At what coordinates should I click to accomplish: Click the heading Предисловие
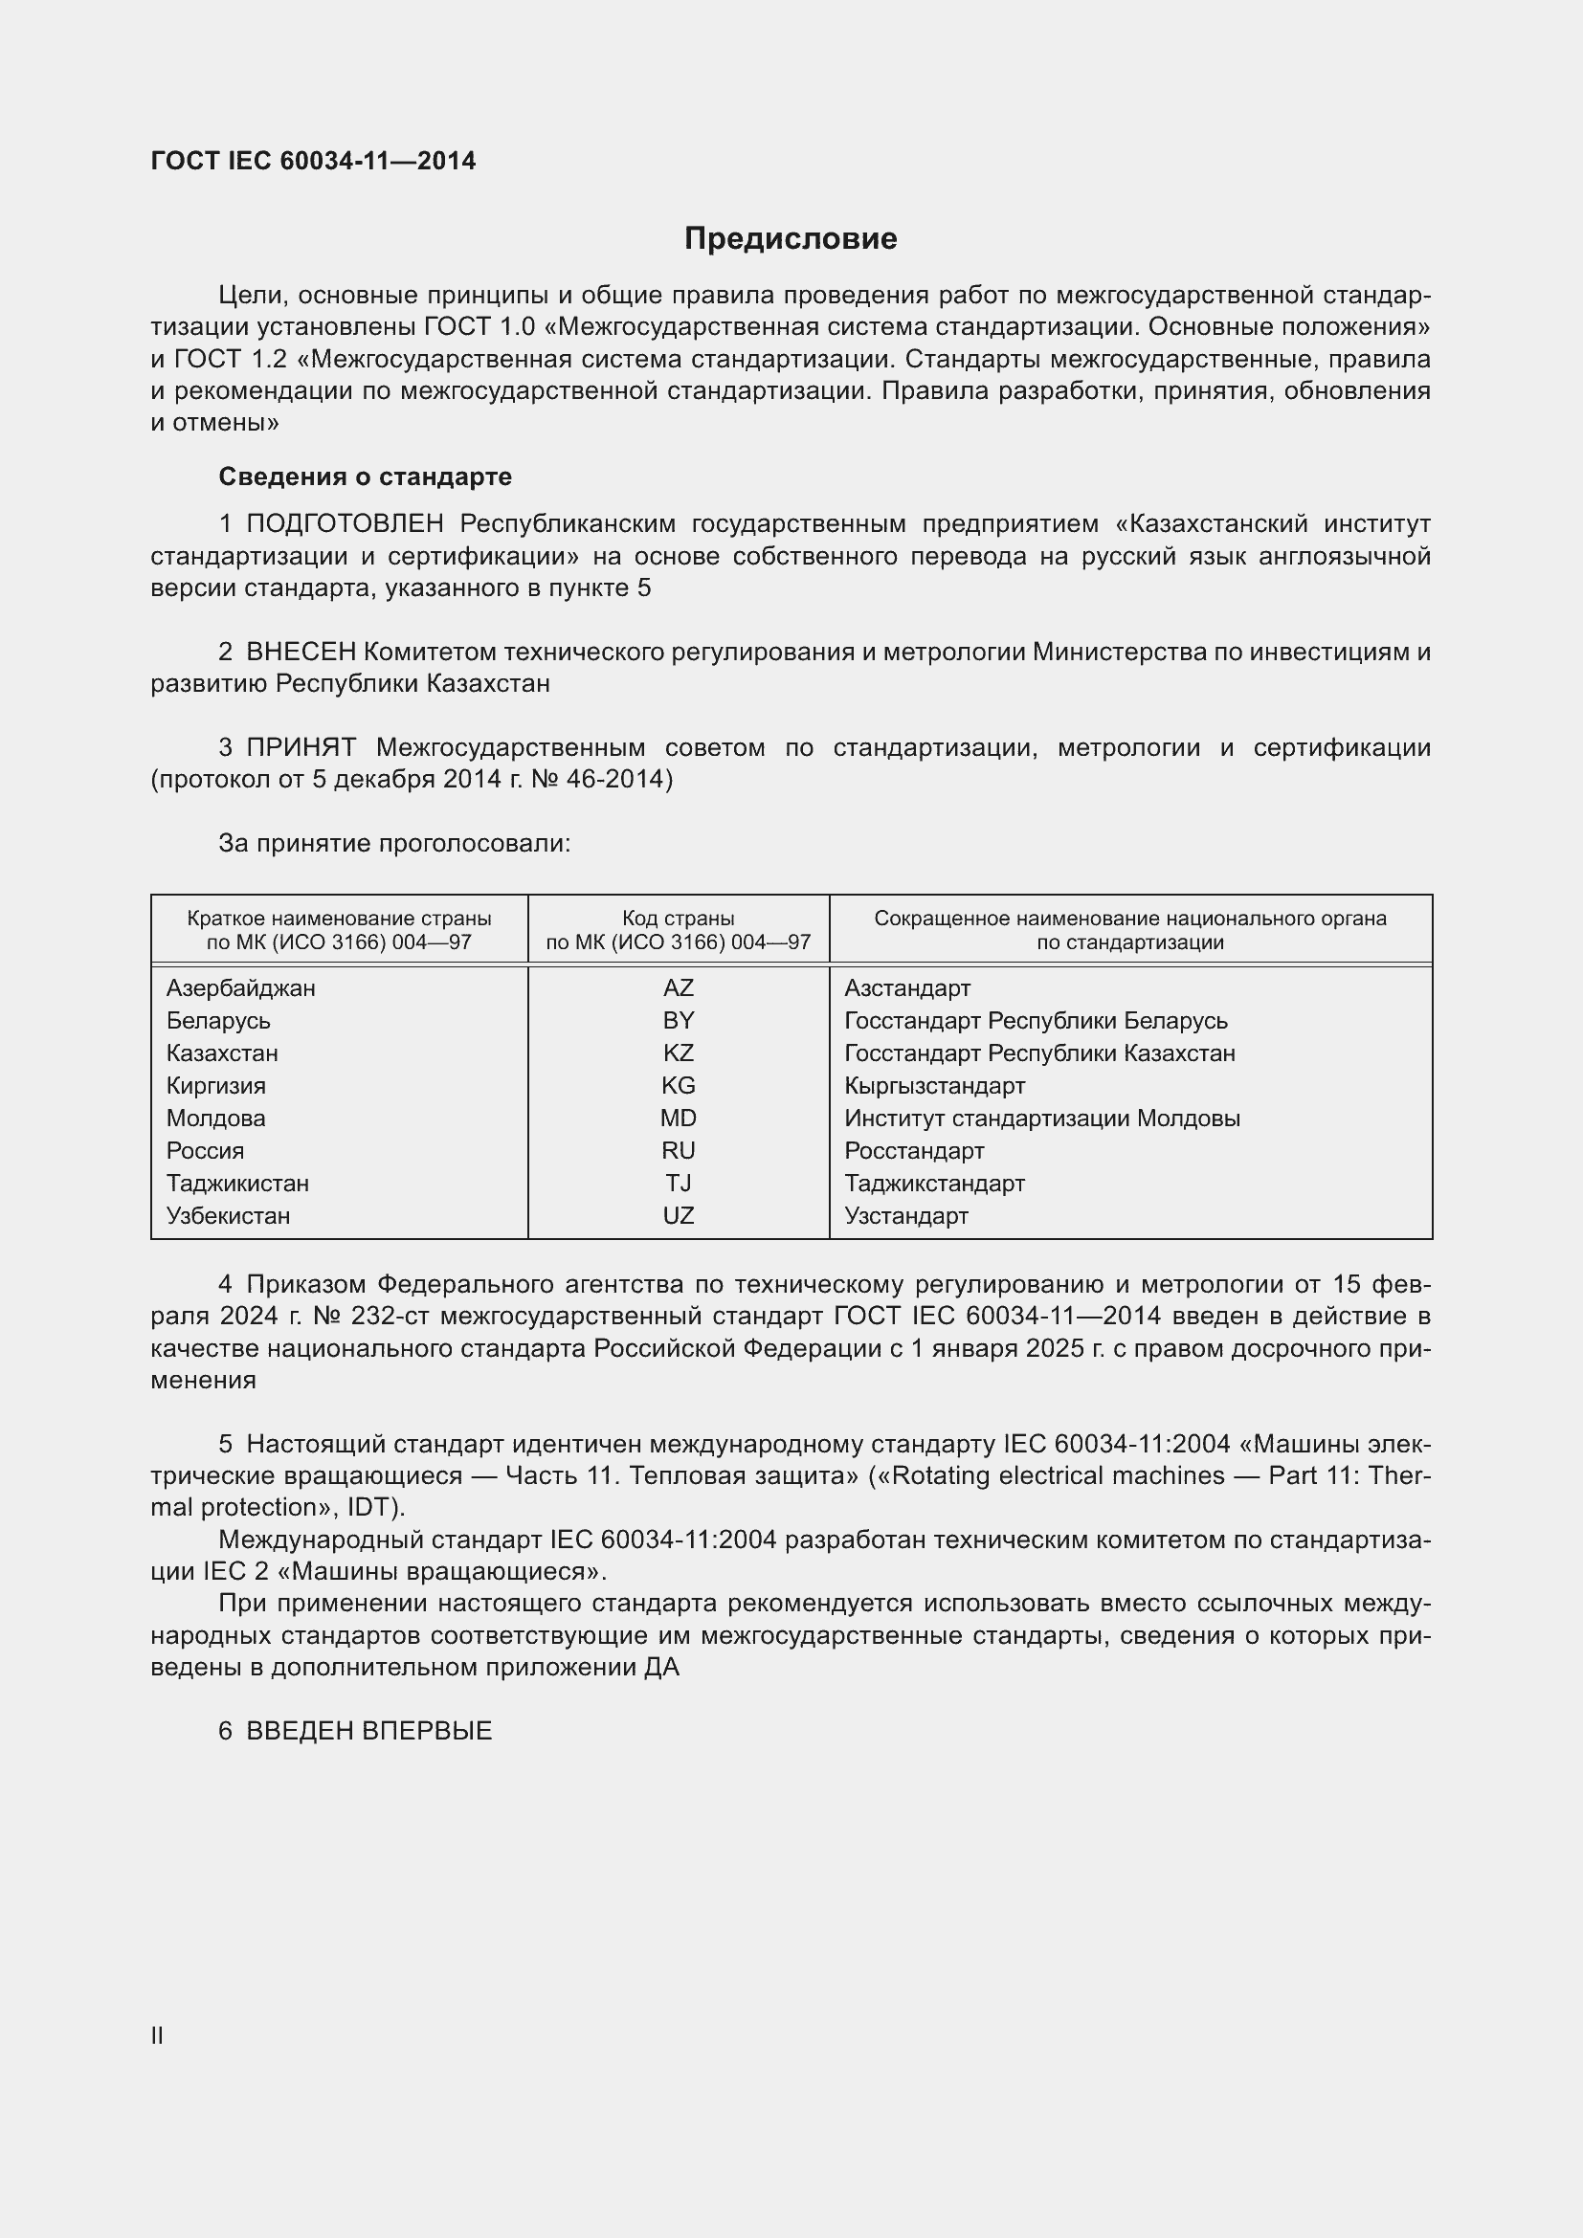click(790, 239)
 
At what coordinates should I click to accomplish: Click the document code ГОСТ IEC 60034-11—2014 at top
click(313, 161)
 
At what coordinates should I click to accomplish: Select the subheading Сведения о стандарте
click(365, 476)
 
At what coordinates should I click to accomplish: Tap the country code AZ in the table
click(678, 988)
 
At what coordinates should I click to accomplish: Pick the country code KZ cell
click(678, 1053)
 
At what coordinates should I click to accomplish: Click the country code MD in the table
click(678, 1118)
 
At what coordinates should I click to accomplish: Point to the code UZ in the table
click(678, 1215)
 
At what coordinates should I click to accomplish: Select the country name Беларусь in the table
click(218, 1021)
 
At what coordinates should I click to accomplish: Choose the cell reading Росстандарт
click(913, 1151)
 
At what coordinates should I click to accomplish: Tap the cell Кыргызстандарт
click(934, 1086)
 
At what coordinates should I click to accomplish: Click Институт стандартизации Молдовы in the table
click(1041, 1118)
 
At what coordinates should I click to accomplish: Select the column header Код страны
click(678, 919)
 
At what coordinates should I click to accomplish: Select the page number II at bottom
click(157, 2035)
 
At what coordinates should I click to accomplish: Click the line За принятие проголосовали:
click(393, 843)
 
